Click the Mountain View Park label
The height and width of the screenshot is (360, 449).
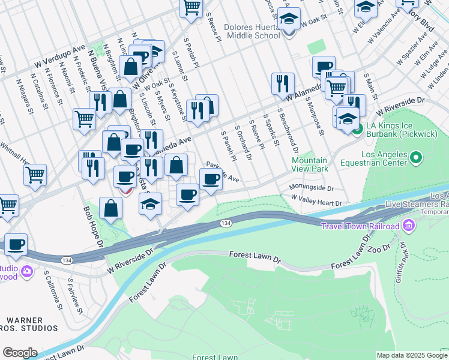pyautogui.click(x=310, y=164)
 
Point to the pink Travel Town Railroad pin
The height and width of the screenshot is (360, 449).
pyautogui.click(x=409, y=226)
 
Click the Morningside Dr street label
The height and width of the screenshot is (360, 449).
pyautogui.click(x=312, y=188)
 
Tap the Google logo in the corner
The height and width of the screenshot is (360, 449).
pyautogui.click(x=20, y=352)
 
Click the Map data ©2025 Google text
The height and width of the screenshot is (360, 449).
pyautogui.click(x=411, y=355)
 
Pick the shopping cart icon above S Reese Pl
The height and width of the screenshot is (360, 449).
pyautogui.click(x=191, y=7)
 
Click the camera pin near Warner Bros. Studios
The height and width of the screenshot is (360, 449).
pyautogui.click(x=26, y=272)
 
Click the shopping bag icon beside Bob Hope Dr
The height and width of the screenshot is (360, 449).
pyautogui.click(x=112, y=208)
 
